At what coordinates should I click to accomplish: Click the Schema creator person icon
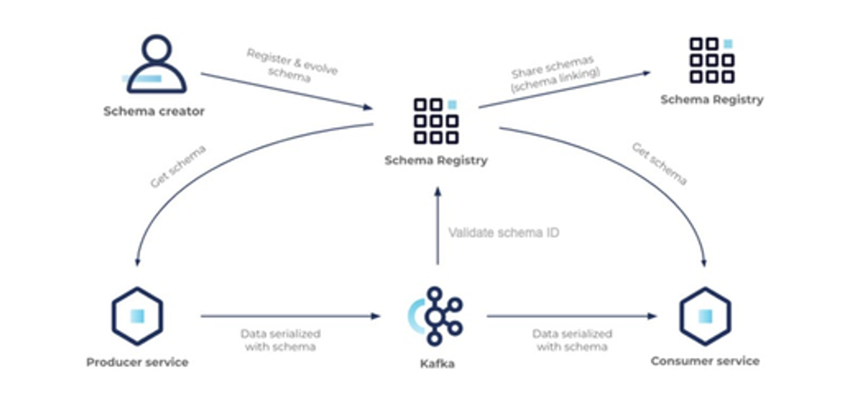[x=155, y=66]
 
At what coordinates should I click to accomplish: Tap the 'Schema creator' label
[x=154, y=111]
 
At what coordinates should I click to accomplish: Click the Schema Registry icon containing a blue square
[x=436, y=121]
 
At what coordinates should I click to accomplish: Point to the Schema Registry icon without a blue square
[x=711, y=60]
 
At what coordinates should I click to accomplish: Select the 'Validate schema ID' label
[x=503, y=233]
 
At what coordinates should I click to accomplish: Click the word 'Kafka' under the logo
[x=436, y=362]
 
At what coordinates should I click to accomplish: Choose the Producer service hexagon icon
[x=137, y=315]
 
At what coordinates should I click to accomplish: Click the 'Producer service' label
[x=137, y=362]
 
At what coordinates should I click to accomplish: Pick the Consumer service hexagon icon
[x=705, y=315]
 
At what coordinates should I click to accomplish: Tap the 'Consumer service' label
[x=705, y=361]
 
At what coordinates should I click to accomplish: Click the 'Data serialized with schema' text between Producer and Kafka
[x=281, y=340]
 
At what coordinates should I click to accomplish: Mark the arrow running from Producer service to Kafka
[x=289, y=315]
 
